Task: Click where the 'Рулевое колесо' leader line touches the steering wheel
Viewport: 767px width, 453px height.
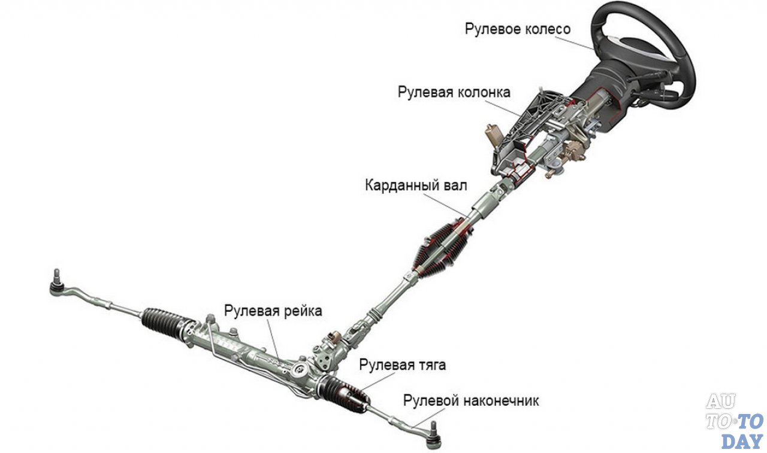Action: [594, 50]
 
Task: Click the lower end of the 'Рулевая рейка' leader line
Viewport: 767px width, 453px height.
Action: [279, 360]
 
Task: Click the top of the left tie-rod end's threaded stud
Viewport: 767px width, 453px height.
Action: [57, 270]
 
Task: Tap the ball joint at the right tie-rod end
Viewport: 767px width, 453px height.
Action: [434, 436]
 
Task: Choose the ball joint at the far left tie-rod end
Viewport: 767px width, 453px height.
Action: [56, 287]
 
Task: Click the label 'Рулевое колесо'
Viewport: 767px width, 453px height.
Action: [518, 29]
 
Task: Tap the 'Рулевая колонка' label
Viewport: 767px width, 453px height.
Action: [454, 92]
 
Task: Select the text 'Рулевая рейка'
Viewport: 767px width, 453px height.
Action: [273, 311]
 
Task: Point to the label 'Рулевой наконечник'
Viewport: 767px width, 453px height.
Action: [471, 400]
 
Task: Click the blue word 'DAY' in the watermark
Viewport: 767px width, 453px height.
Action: [742, 441]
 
